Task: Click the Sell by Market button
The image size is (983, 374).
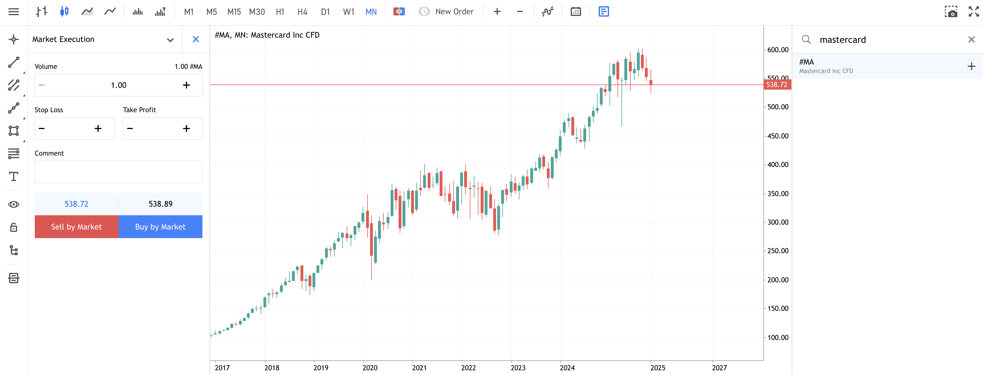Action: [x=76, y=226]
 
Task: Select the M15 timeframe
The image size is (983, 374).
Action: [x=234, y=12]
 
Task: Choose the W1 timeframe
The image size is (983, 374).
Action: [x=348, y=12]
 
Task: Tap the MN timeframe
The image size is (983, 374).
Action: [x=371, y=12]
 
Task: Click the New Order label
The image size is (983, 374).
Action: [x=454, y=12]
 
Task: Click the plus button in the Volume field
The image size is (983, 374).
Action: [x=186, y=85]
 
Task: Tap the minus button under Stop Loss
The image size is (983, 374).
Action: [x=42, y=129]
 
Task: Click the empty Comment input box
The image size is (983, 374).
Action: [x=118, y=172]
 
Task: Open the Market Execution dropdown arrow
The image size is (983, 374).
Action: [x=170, y=40]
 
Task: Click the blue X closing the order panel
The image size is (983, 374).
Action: [x=196, y=39]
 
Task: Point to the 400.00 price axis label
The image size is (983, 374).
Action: [x=777, y=165]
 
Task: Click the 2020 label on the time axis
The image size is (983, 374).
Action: [x=370, y=367]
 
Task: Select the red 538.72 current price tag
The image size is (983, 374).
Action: [x=777, y=85]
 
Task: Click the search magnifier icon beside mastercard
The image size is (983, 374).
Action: [x=806, y=39]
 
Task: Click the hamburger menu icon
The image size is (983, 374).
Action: [x=14, y=12]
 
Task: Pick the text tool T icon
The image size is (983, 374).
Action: [x=14, y=176]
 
